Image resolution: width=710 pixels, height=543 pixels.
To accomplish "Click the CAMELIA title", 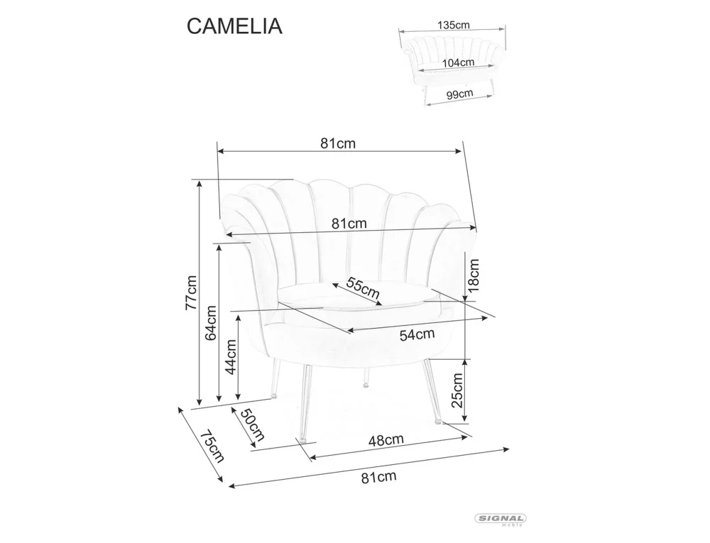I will pos(234,26).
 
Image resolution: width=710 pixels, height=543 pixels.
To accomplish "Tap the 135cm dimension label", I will pos(453,25).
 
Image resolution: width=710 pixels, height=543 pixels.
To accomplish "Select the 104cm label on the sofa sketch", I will pos(458,62).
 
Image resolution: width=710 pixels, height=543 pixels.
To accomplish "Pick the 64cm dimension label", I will pos(211,324).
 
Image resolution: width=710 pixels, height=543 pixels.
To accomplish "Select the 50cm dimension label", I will pos(251,424).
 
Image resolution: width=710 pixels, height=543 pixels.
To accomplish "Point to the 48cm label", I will pos(386,440).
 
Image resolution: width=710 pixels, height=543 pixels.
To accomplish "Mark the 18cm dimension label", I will pos(474,275).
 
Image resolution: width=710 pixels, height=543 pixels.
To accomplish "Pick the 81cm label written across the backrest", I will pos(349,224).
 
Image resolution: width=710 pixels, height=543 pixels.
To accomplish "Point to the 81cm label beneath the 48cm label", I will pos(378,476).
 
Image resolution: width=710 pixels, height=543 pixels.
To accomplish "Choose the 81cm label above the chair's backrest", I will pos(337,143).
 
